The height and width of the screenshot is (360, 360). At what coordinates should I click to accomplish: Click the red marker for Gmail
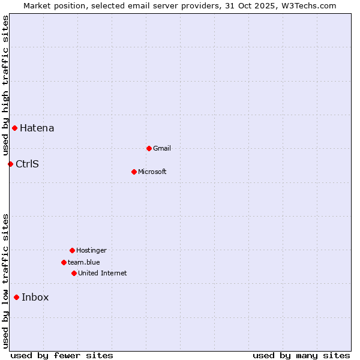(x=149, y=148)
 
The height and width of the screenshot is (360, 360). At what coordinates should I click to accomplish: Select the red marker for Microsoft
(x=134, y=172)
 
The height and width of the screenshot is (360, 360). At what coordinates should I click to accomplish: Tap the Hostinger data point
(x=72, y=250)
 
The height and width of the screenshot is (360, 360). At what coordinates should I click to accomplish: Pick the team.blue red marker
(x=64, y=262)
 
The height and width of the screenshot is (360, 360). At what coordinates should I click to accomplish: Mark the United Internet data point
(x=74, y=273)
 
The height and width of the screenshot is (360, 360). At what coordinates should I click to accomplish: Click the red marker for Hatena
(x=14, y=128)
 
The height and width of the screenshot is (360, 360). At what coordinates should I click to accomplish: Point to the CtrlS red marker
(x=10, y=164)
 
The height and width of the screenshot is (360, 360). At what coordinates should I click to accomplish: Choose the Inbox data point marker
(x=16, y=297)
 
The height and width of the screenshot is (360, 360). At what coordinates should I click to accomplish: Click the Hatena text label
(x=37, y=128)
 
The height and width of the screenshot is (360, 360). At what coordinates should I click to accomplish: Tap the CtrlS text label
(x=27, y=164)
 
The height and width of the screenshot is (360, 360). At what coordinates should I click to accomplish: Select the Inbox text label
(x=35, y=297)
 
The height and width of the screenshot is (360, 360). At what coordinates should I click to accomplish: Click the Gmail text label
(x=162, y=148)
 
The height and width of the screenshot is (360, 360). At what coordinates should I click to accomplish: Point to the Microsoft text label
(x=152, y=172)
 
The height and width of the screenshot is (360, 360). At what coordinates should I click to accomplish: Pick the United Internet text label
(x=103, y=273)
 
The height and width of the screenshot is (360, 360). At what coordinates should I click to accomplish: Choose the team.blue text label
(x=84, y=262)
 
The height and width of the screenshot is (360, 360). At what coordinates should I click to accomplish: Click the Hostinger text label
(x=91, y=250)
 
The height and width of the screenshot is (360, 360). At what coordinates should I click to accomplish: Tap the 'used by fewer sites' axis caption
(x=62, y=355)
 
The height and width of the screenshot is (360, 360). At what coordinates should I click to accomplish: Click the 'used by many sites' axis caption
(x=301, y=355)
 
